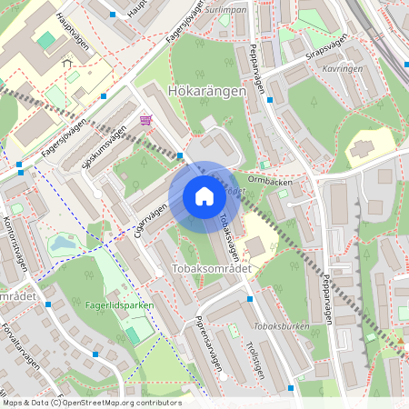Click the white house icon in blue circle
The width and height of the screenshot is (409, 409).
(x=204, y=195)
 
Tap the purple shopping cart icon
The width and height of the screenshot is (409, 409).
(x=145, y=120)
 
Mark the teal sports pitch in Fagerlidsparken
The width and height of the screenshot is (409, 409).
(x=135, y=335)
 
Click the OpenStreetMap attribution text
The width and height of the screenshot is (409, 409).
(x=92, y=403)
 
